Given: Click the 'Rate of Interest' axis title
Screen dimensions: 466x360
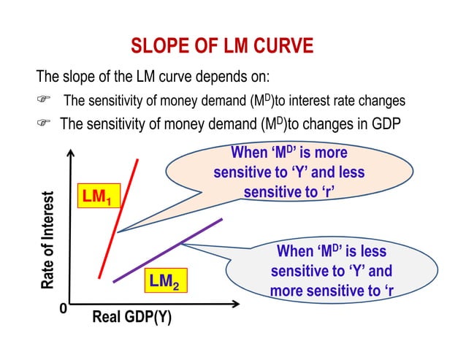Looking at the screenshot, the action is pos(49,241).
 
